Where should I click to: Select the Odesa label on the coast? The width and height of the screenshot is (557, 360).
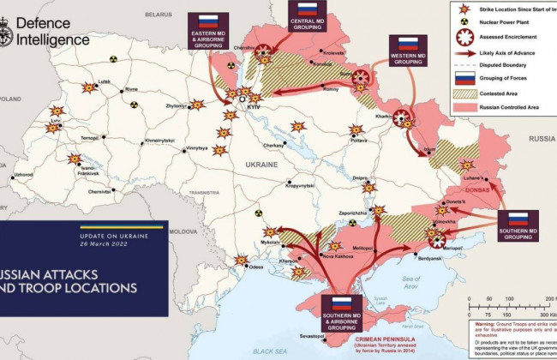pyautogui.click(x=256, y=267)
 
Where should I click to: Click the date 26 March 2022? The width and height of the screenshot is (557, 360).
pyautogui.click(x=86, y=243)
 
